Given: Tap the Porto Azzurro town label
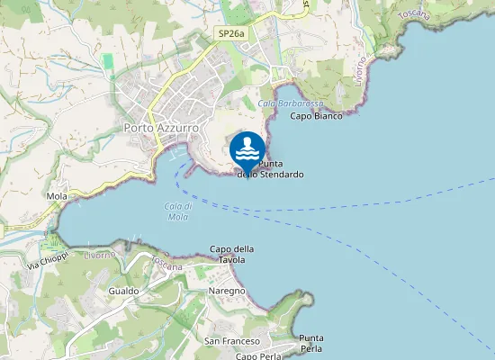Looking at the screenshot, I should click(160, 129).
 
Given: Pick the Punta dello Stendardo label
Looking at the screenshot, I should click(270, 169).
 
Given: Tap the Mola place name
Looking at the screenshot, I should click(57, 195).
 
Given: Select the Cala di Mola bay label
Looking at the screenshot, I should click(177, 211).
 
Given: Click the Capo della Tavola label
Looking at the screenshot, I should click(232, 254).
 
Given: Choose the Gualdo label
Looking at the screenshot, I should click(123, 292).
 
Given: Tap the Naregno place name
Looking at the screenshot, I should click(227, 292).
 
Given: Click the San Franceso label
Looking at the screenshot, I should click(232, 341).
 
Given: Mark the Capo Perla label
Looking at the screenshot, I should click(259, 356).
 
